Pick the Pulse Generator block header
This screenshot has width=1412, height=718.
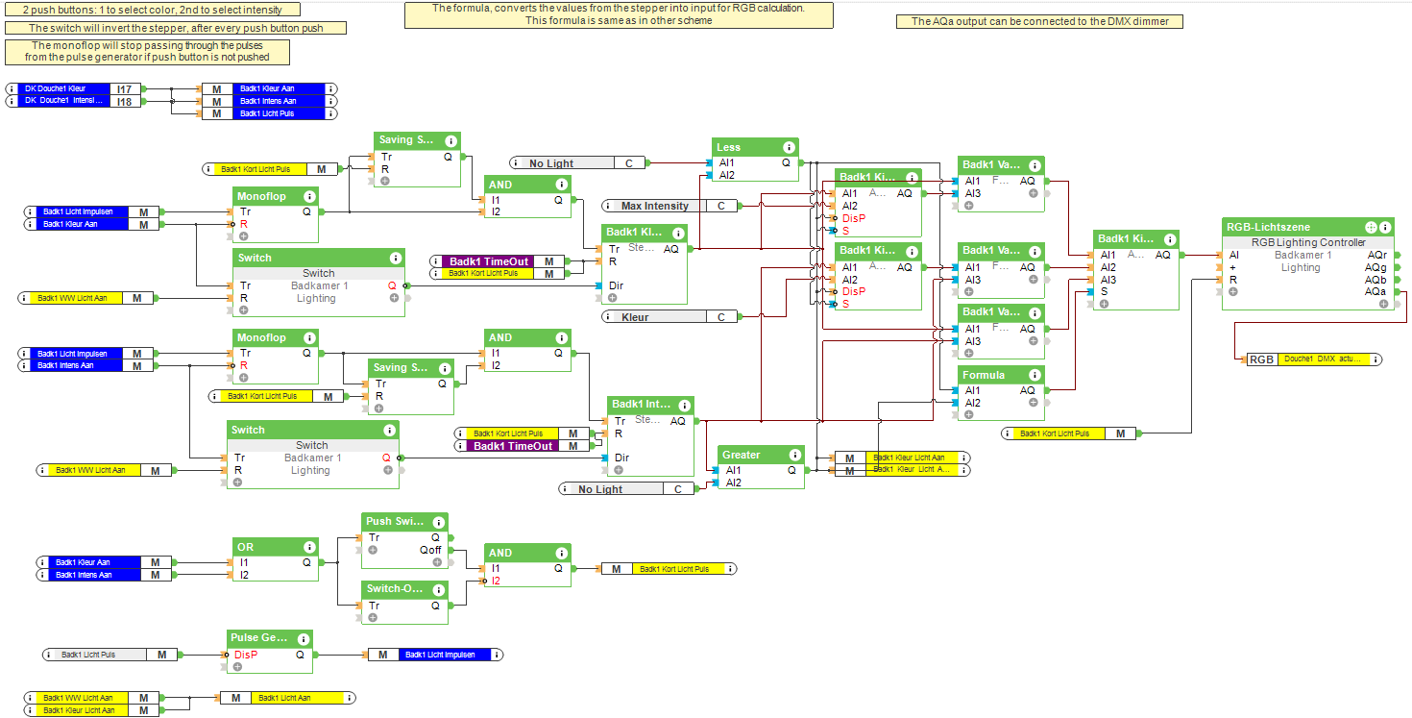260,638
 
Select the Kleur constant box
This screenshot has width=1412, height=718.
635,316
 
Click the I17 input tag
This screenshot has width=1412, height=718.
125,88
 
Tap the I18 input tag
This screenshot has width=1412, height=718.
125,101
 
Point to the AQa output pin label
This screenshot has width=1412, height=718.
1376,292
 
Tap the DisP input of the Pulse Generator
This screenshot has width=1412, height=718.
246,655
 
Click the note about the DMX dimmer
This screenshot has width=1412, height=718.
1039,21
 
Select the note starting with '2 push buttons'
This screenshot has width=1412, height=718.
152,10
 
